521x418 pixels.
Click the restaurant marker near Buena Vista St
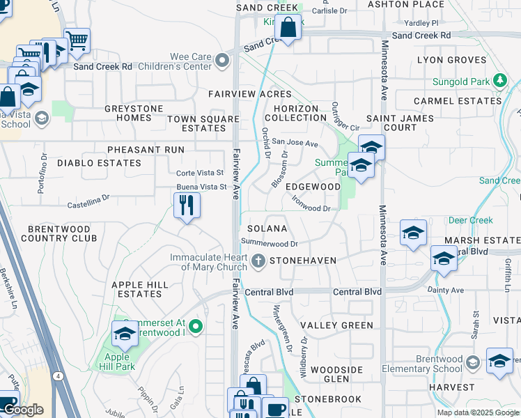coord(186,205)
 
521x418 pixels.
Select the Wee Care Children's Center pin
coord(223,61)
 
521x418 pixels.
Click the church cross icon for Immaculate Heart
coord(258,261)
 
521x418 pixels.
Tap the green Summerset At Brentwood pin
coord(196,325)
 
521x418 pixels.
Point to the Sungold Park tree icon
coord(499,82)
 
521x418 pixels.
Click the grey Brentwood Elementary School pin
coord(473,362)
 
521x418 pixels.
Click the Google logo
coord(23,410)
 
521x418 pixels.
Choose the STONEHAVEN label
coord(303,261)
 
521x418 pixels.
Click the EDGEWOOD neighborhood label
coord(313,187)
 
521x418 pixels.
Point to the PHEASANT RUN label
coord(146,150)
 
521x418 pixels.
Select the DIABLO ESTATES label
coord(99,163)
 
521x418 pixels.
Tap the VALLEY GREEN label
coord(336,325)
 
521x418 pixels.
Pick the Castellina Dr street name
coord(88,202)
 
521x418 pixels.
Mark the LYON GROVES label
coord(451,60)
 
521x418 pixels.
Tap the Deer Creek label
coord(470,221)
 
